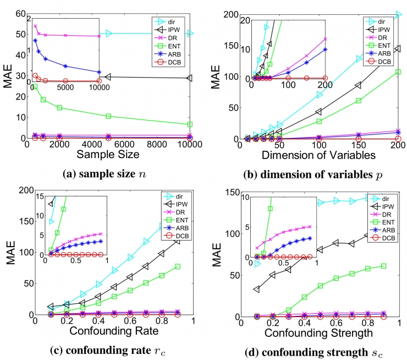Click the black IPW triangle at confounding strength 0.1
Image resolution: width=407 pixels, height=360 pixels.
click(256, 289)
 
